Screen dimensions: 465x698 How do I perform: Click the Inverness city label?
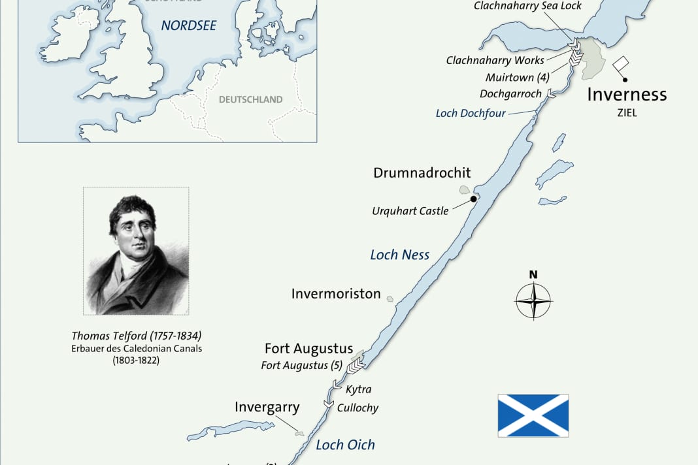[626, 94]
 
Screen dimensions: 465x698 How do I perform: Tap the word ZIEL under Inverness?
[626, 113]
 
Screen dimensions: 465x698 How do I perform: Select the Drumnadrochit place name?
[422, 173]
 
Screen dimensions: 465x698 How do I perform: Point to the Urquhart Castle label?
[410, 211]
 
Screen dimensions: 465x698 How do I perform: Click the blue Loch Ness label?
[399, 255]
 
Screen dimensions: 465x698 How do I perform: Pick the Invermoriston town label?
[336, 294]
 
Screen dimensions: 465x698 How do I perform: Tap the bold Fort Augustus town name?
[308, 349]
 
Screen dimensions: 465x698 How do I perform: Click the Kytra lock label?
[358, 389]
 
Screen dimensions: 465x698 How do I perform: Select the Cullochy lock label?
[357, 408]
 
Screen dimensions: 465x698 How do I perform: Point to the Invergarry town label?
[267, 408]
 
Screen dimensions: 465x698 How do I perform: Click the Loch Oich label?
[345, 445]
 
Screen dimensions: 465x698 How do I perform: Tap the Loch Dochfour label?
[471, 114]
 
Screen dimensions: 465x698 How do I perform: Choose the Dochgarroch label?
[510, 94]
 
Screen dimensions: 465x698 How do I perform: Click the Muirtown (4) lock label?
[518, 77]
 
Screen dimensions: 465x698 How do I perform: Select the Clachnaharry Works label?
[495, 60]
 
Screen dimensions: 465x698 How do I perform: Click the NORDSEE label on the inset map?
[189, 26]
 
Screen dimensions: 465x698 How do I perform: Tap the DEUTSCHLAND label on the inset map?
[250, 100]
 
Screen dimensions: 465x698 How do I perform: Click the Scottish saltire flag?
[533, 415]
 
